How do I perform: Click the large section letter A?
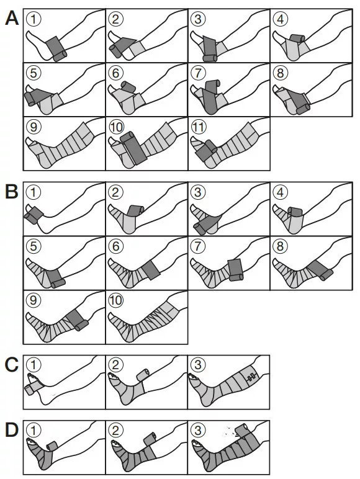[x=12, y=18]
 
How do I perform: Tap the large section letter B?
[x=12, y=192]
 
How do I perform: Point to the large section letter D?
[x=12, y=430]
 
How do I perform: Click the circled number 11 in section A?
[x=199, y=127]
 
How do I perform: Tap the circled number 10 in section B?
[x=116, y=300]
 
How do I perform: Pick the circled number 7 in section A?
[x=199, y=73]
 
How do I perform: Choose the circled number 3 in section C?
[x=198, y=365]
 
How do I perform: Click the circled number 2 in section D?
[x=116, y=431]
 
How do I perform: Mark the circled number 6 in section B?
[x=116, y=246]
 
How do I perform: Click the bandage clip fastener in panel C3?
[x=252, y=378]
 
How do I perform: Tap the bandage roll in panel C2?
[x=142, y=375]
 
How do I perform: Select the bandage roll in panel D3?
[x=243, y=431]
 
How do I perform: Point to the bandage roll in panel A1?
[x=60, y=56]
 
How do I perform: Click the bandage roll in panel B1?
[x=30, y=219]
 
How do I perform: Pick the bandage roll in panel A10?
[x=127, y=137]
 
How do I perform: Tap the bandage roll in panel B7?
[x=236, y=277]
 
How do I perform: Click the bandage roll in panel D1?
[x=52, y=446]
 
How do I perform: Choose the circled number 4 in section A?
[x=281, y=19]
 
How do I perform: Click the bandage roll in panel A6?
[x=128, y=86]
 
